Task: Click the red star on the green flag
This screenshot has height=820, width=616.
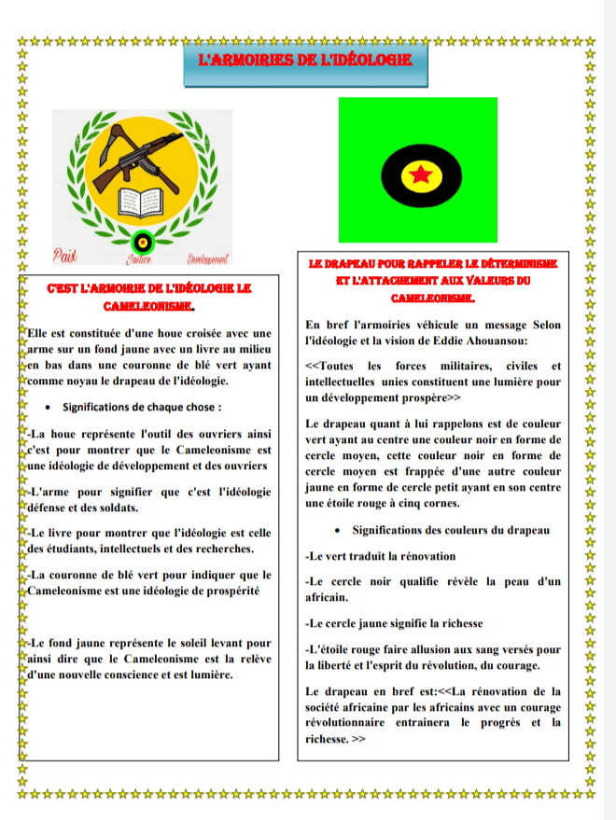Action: click(x=418, y=174)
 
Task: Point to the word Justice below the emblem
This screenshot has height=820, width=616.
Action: click(x=139, y=258)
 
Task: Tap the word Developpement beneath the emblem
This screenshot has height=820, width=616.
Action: click(x=208, y=257)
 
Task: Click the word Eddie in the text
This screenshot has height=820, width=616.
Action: click(x=437, y=341)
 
